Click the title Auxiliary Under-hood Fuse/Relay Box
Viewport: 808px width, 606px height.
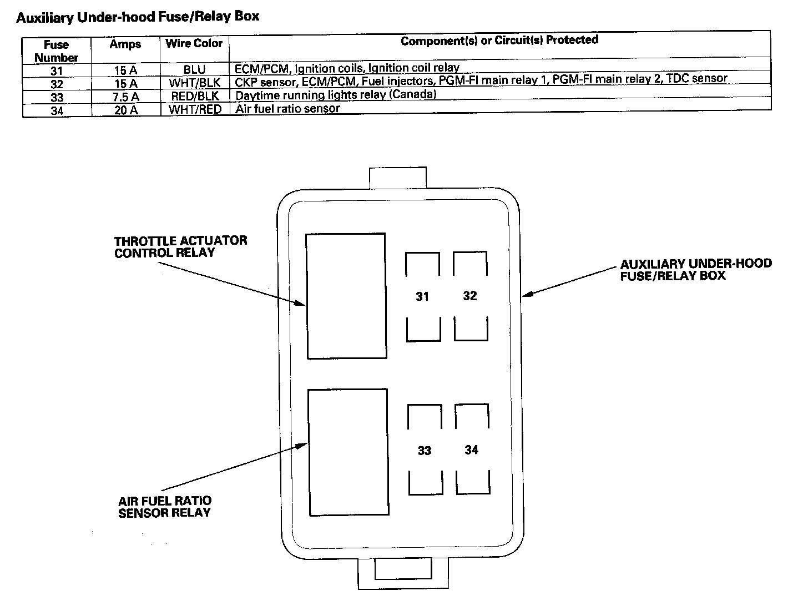[x=138, y=17]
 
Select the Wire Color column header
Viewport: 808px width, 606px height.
[x=194, y=43]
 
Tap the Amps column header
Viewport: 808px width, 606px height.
[x=125, y=44]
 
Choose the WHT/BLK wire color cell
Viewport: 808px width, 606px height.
[x=194, y=83]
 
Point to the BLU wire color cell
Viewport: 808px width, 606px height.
[x=194, y=70]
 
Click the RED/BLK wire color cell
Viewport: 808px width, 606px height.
[x=194, y=96]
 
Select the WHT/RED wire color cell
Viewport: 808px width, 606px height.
[x=194, y=109]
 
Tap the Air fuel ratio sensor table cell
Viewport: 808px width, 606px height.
[x=287, y=108]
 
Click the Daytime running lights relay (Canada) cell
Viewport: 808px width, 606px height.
[x=336, y=94]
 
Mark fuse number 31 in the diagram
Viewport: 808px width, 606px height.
[x=422, y=296]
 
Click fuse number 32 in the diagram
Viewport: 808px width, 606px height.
[x=470, y=296]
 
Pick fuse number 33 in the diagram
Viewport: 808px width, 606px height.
[x=425, y=450]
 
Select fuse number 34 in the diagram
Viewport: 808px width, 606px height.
[x=472, y=450]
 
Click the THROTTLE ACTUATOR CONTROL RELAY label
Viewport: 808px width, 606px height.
[x=180, y=247]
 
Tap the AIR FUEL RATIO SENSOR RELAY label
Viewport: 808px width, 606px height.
[x=165, y=507]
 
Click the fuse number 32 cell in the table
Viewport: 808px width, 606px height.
[x=57, y=84]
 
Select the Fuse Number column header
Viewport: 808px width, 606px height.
[x=57, y=50]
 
